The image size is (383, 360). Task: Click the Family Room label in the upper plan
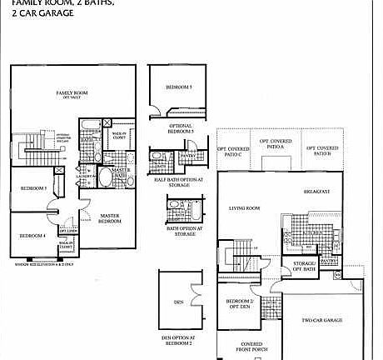point(72,92)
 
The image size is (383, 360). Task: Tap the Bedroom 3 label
point(33,188)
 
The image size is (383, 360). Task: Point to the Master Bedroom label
point(111,218)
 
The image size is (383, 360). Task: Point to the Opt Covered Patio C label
point(234,152)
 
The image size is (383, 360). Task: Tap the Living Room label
point(245,208)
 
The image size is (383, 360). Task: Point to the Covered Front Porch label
point(251,347)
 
